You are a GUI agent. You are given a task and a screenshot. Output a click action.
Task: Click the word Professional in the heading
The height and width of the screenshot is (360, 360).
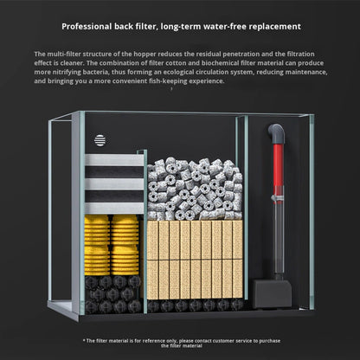tap(87, 27)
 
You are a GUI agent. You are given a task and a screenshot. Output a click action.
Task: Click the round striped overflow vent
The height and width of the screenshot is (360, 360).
tap(100, 140)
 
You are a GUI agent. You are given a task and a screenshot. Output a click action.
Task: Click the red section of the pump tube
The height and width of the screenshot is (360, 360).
tap(278, 165)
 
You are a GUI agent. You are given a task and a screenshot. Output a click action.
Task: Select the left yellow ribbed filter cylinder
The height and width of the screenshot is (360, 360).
tap(97, 245)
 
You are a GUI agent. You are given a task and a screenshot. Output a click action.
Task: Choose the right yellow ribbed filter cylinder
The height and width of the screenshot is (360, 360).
tap(125, 245)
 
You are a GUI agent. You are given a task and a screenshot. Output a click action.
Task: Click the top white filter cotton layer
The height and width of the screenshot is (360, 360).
tap(114, 160)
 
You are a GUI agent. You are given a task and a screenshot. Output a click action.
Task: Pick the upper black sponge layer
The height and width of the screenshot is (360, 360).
tap(114, 172)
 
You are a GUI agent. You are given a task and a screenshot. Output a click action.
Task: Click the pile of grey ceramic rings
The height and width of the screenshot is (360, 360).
tap(195, 189)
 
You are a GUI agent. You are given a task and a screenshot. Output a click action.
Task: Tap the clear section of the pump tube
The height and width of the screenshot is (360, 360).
tap(278, 236)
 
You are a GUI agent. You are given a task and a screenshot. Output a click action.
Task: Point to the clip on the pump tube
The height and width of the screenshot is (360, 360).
tap(277, 198)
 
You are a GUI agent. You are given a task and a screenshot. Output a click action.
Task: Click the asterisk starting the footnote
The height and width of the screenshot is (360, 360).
tap(84, 340)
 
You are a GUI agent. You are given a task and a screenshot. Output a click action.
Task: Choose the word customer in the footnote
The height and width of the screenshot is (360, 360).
tap(222, 341)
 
